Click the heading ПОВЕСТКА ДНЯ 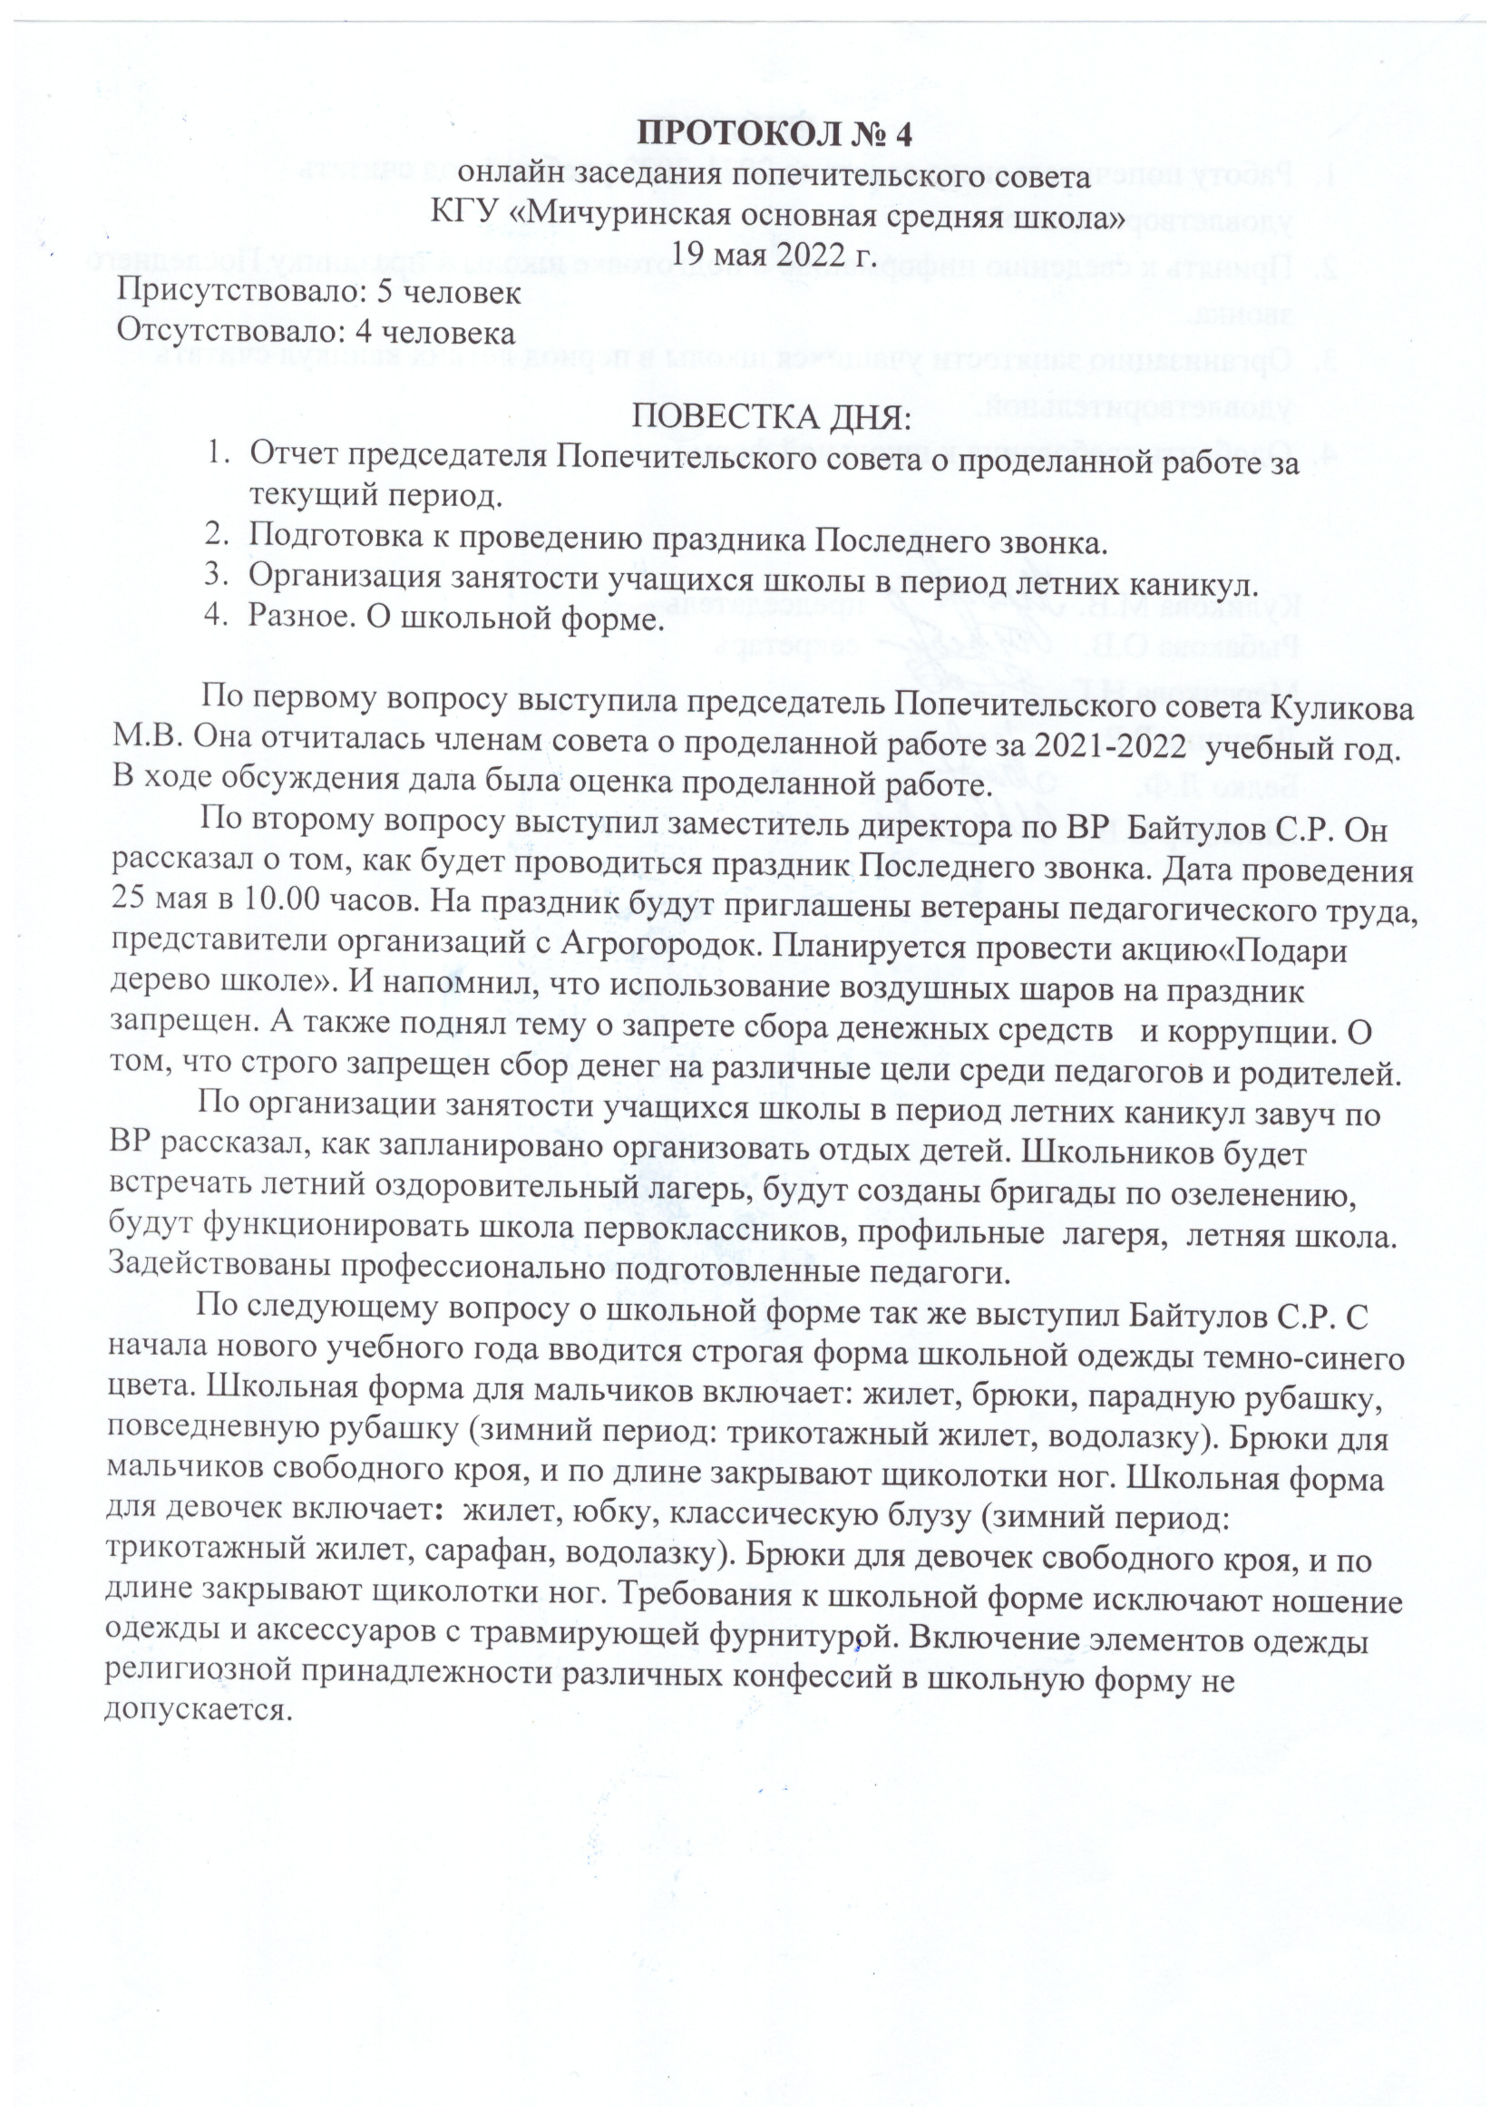click(x=770, y=417)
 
